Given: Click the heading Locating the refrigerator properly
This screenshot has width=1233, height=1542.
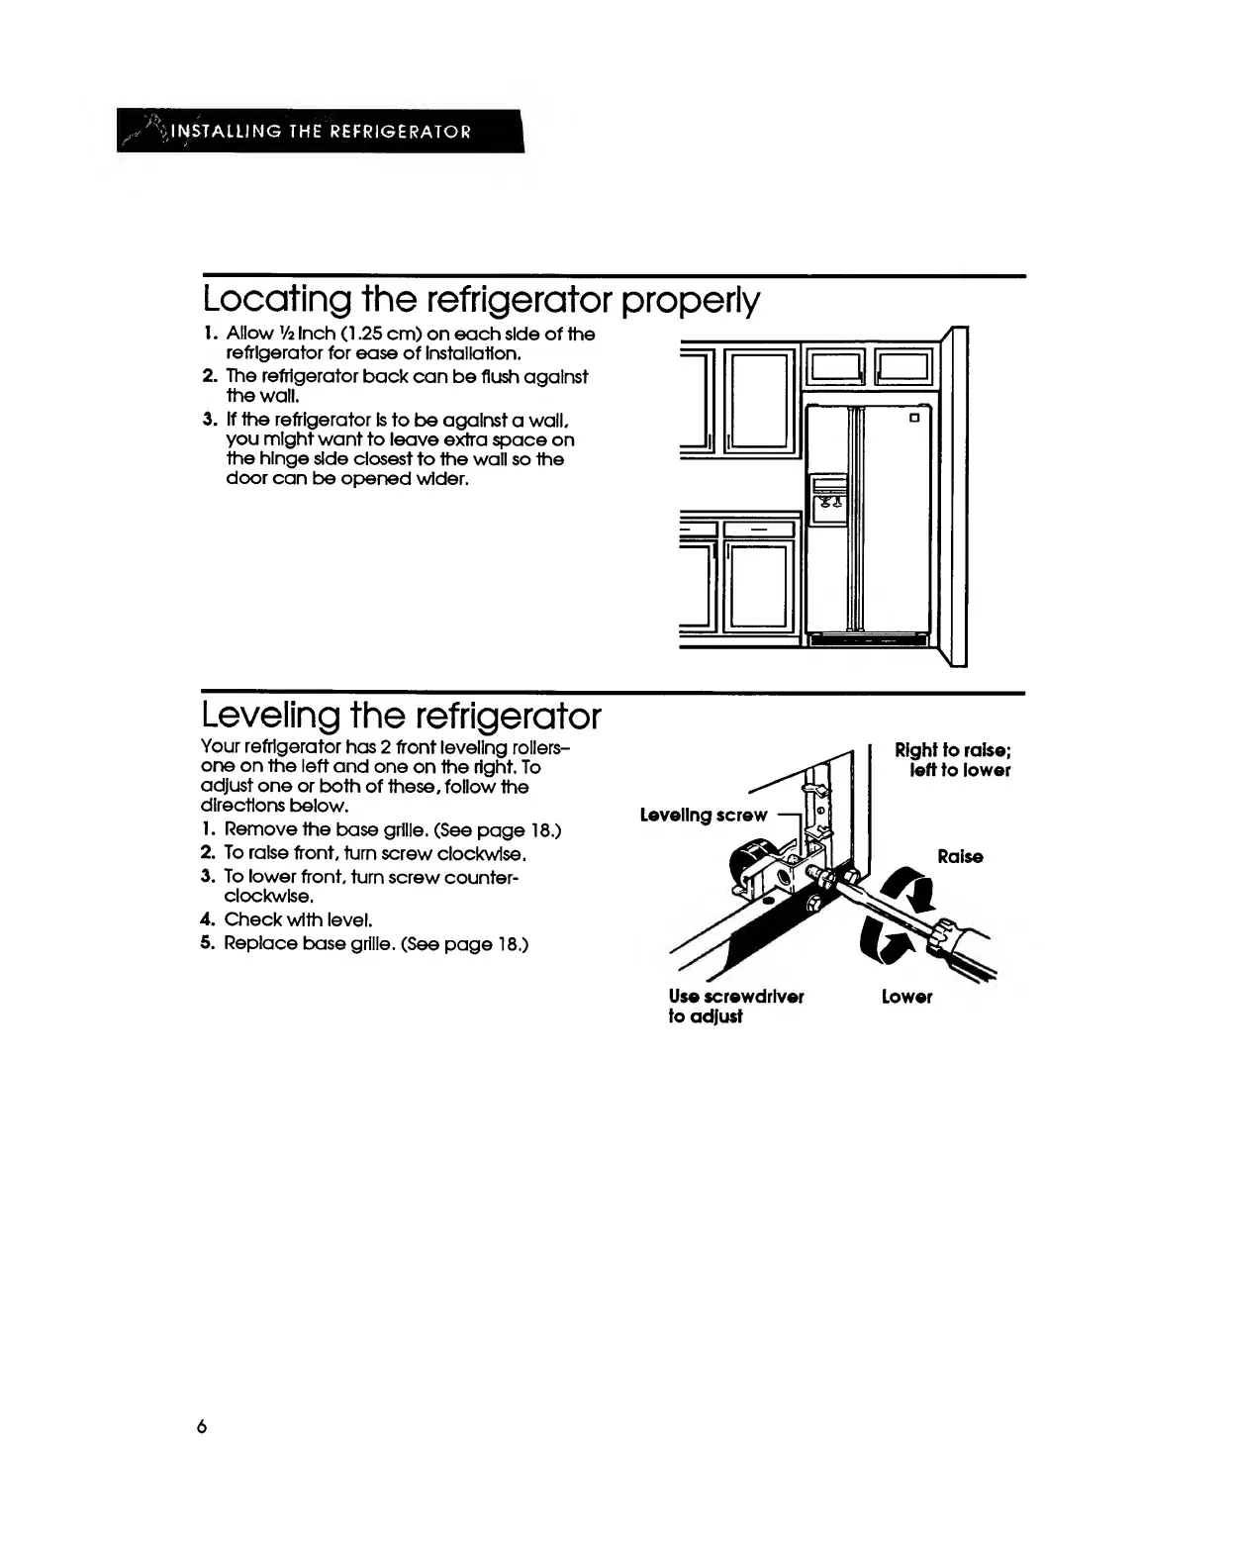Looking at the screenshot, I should click(x=481, y=299).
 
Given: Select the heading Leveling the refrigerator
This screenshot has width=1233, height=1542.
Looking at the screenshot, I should click(x=401, y=715).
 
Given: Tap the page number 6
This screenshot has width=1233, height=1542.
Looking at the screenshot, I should click(x=202, y=1426).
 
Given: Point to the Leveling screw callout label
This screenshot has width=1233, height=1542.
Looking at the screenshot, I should click(x=704, y=815).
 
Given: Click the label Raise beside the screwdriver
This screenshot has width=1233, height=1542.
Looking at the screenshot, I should click(x=960, y=856).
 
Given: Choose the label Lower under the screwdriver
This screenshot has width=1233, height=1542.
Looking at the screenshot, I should click(x=906, y=997).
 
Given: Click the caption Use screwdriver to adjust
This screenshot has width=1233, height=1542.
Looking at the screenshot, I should click(x=736, y=1006).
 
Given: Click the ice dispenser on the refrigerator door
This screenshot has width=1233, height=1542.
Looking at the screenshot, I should click(x=828, y=499).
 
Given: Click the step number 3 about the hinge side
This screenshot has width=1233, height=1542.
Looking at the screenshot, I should click(x=208, y=420).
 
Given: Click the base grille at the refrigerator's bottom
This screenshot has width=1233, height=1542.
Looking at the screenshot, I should click(x=869, y=641).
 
